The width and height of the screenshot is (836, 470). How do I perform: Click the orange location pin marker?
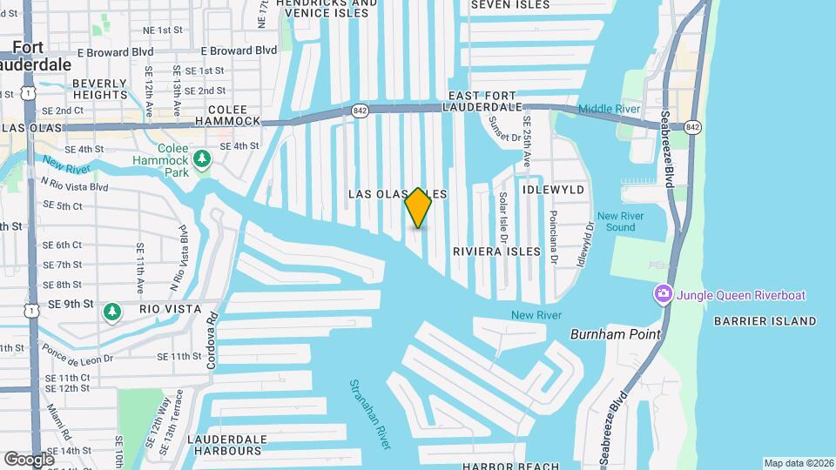[x=418, y=207]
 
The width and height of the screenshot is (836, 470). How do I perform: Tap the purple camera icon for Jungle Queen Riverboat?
[x=664, y=294]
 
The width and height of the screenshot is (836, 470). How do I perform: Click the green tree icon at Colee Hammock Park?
[x=202, y=158]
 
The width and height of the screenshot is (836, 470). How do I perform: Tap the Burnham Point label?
[x=615, y=334]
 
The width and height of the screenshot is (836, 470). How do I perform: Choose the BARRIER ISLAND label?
[x=765, y=321]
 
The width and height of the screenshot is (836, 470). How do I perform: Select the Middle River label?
[x=610, y=109]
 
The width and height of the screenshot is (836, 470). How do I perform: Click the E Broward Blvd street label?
[x=239, y=51]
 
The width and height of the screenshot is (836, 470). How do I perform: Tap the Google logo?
[x=29, y=459]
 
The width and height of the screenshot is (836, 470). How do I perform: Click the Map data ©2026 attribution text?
[x=798, y=463]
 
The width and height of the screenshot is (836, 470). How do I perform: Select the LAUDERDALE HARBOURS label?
[x=225, y=445]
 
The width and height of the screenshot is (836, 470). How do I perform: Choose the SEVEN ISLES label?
[x=510, y=5]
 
